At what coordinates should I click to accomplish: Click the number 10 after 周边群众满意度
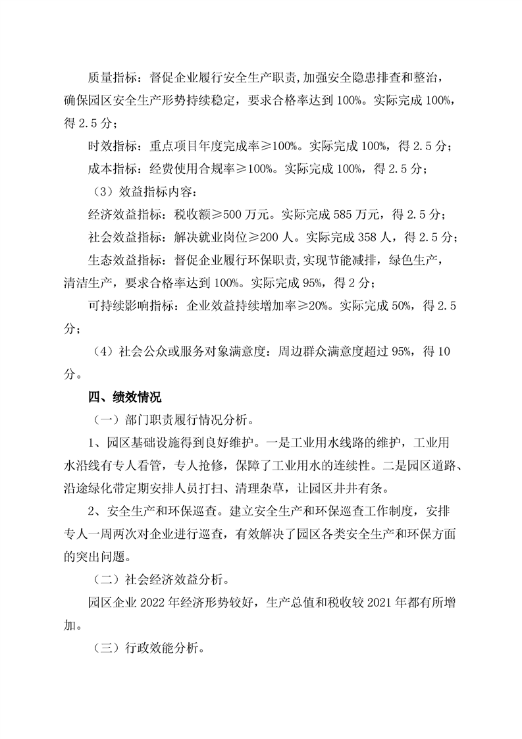pos(443,351)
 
